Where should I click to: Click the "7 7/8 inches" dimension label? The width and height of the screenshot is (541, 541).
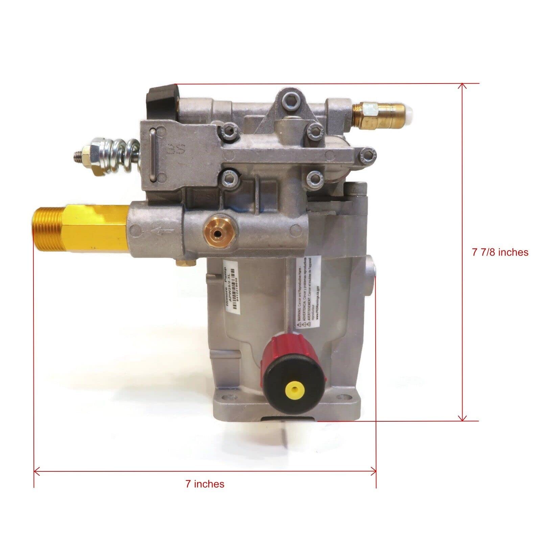[500, 252]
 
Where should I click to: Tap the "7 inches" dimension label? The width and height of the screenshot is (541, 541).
[205, 484]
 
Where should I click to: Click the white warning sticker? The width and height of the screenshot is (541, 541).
[307, 291]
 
